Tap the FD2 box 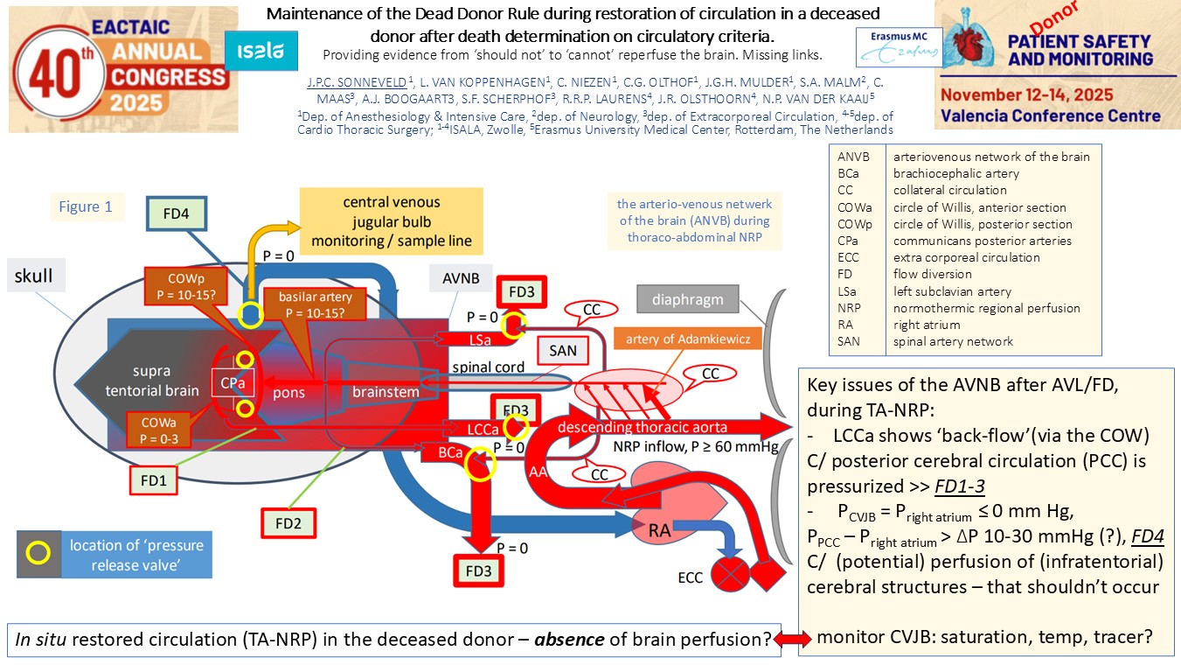click(x=288, y=522)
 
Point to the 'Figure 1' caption click(x=86, y=206)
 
